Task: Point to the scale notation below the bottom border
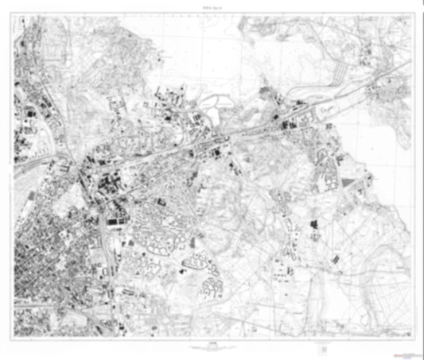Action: (211, 344)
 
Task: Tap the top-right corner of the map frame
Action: (414, 13)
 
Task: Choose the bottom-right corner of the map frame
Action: (414, 339)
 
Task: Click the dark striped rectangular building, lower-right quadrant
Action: (332, 258)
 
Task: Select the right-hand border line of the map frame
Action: (414, 175)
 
